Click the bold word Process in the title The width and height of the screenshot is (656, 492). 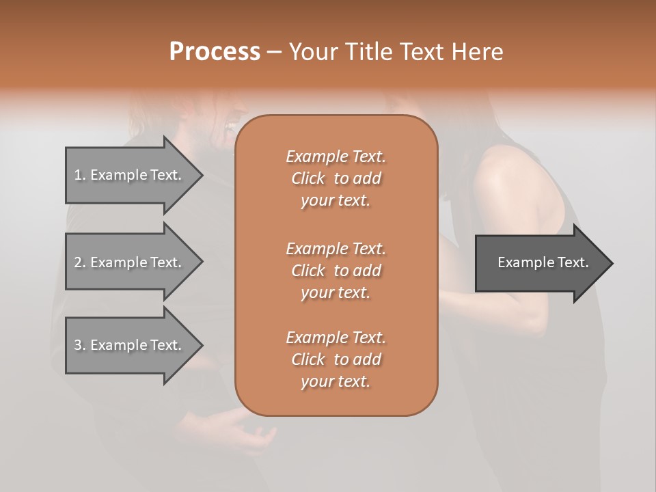point(215,52)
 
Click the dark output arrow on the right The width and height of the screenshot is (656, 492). point(540,263)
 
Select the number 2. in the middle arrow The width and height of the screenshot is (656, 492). point(79,262)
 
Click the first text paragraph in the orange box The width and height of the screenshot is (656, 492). point(336,178)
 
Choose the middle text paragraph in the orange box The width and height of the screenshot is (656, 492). point(336,271)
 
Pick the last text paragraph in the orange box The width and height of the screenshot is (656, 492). point(336,359)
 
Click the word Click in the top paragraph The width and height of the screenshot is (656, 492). point(308,178)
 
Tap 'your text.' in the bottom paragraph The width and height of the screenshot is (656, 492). point(336,381)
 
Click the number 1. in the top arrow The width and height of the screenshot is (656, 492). point(79,175)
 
